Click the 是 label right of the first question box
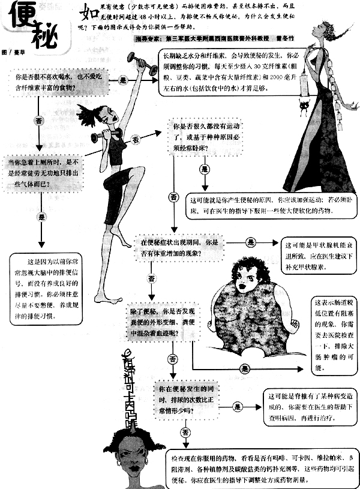point(124,80)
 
